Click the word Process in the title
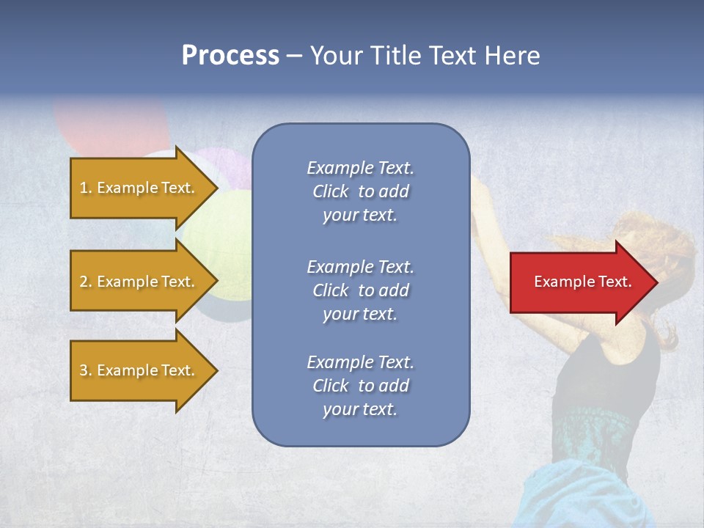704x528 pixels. (x=230, y=56)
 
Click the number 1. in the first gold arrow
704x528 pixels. (x=86, y=188)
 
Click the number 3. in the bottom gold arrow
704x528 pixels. (x=86, y=370)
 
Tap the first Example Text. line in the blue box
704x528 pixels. (x=360, y=168)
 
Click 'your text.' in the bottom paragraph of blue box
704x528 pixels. (x=360, y=409)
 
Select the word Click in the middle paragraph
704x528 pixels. (x=331, y=290)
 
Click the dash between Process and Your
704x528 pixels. (x=295, y=56)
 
